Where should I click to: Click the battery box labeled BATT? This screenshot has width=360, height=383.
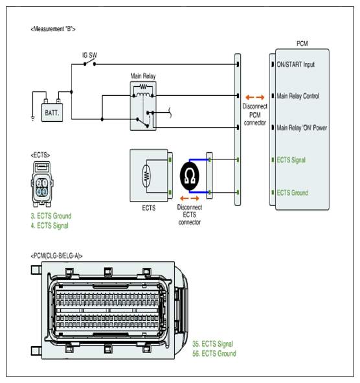point(52,112)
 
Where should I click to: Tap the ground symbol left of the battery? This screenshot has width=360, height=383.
point(33,119)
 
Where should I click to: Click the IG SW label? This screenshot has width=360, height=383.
point(89,55)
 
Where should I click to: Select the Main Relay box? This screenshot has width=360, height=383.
point(143,106)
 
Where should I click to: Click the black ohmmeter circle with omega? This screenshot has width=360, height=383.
point(190,176)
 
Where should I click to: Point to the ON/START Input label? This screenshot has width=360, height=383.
point(295,65)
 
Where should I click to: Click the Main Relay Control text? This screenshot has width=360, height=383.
point(298,96)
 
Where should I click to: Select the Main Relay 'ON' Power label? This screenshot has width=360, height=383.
point(302,128)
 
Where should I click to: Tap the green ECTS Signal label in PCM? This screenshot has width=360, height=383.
point(291,160)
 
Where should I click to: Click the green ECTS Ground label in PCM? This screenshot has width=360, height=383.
point(293,192)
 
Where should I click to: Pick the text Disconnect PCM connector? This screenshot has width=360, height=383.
point(255,115)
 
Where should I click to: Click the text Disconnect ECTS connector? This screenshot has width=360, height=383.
point(190,215)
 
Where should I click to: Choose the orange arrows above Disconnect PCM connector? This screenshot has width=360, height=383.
point(255,97)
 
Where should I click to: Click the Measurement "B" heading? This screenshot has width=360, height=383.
point(53,29)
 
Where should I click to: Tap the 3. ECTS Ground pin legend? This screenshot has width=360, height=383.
point(51,216)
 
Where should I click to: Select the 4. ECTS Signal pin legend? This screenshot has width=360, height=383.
point(49,226)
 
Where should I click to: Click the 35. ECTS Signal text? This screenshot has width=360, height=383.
point(212,344)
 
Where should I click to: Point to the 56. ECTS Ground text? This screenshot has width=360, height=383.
point(214,353)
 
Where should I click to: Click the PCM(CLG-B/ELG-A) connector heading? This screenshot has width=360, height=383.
point(56,256)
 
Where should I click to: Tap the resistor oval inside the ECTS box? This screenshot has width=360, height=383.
point(146,176)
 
